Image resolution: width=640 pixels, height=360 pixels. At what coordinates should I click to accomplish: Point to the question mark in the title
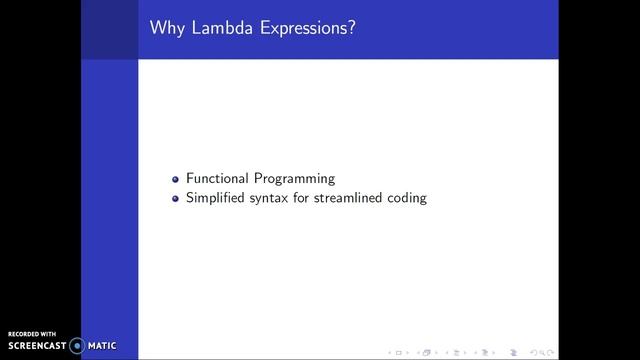(x=353, y=27)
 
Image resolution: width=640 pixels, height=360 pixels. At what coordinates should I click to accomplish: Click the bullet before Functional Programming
(x=176, y=179)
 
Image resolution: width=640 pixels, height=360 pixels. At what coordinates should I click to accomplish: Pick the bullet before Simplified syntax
(x=176, y=198)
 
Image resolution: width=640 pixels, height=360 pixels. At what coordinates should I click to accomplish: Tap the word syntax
(x=268, y=198)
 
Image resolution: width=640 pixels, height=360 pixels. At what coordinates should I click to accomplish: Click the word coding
(x=408, y=198)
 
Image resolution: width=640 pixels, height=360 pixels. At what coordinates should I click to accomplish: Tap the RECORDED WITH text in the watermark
(x=32, y=334)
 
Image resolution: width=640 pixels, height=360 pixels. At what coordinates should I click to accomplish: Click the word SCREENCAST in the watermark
(x=36, y=346)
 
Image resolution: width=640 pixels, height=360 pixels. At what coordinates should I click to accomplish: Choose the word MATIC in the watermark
(x=102, y=346)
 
